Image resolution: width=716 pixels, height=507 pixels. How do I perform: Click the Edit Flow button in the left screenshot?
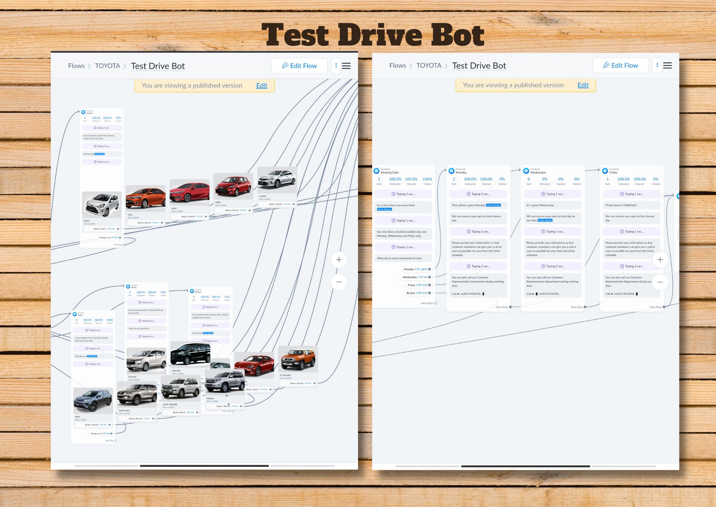(299, 66)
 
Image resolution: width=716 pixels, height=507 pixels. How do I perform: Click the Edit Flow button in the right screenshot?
(620, 66)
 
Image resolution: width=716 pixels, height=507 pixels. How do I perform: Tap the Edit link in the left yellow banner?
(262, 86)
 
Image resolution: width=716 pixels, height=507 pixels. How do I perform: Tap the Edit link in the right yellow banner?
(583, 85)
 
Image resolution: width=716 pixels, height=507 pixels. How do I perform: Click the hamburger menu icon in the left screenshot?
(346, 66)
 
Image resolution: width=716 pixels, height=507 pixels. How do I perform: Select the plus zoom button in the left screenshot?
(339, 260)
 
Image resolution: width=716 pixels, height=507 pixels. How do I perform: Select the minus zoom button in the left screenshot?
(339, 282)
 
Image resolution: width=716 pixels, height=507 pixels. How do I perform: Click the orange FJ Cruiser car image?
(298, 359)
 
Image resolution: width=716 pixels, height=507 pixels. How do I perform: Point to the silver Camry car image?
(277, 179)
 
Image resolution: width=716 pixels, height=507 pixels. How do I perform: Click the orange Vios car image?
(146, 198)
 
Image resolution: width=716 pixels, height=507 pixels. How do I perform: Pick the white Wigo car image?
(102, 204)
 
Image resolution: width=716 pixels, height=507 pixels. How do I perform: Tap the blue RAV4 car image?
(93, 401)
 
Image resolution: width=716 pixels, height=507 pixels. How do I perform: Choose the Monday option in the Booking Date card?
(408, 269)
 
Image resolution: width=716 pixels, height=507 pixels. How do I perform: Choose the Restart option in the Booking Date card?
(411, 293)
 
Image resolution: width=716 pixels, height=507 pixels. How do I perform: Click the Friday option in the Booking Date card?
(411, 285)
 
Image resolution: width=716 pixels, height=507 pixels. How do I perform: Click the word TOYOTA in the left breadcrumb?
(107, 66)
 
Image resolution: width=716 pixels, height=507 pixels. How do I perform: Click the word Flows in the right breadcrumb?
(397, 66)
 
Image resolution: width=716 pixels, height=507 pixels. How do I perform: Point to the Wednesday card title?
(538, 172)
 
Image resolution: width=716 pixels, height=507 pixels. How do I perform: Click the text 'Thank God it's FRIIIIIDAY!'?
(621, 205)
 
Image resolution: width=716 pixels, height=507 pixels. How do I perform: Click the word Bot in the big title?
(457, 35)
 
